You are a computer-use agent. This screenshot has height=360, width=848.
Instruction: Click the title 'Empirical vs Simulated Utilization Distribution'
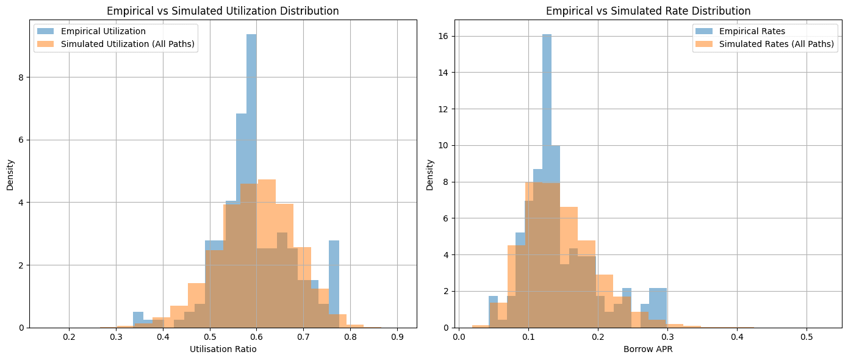pos(223,11)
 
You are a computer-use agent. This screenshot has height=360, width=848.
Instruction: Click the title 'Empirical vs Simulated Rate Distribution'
pos(648,11)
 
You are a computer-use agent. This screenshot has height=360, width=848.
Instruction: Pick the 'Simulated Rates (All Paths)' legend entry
pos(776,44)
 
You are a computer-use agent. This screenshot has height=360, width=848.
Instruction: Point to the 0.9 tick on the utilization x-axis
pos(398,336)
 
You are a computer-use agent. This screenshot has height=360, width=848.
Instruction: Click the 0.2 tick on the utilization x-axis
pos(70,336)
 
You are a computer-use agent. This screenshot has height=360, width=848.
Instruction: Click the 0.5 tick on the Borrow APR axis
pos(807,336)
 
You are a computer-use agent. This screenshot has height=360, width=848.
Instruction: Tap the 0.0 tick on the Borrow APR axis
pos(459,336)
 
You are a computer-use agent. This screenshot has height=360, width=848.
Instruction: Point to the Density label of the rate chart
pos(429,175)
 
